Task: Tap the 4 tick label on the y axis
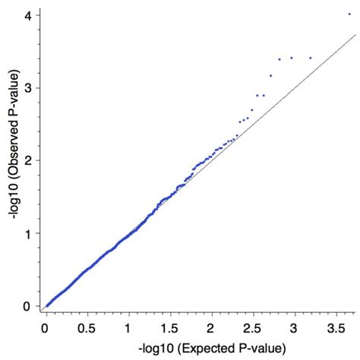[x=26, y=15]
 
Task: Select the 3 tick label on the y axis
[x=26, y=88]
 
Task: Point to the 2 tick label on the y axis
[x=26, y=161]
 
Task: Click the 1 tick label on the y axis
[x=26, y=234]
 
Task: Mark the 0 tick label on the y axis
[x=26, y=307]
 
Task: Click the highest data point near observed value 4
[x=349, y=14]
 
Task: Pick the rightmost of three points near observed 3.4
[x=310, y=58]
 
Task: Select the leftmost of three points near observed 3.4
[x=279, y=59]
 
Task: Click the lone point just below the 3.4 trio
[x=270, y=75]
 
